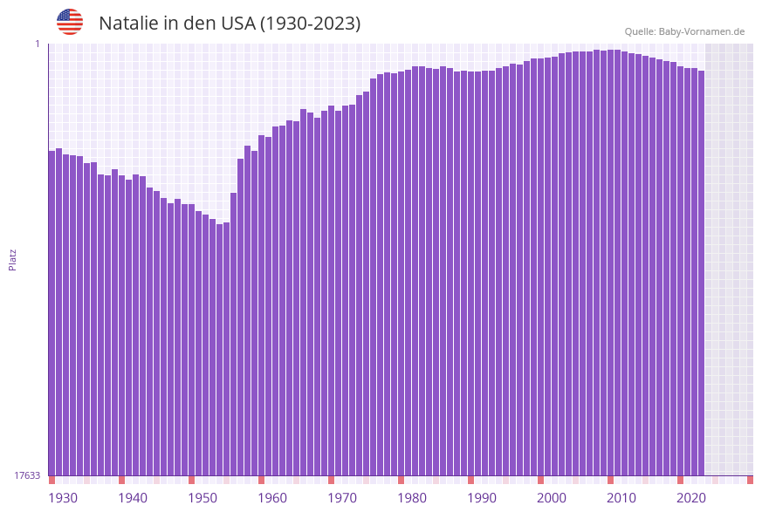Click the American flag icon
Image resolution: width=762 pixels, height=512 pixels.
tap(70, 22)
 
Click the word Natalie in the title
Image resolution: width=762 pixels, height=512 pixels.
tap(128, 24)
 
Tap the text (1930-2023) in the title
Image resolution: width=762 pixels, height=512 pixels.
tap(310, 24)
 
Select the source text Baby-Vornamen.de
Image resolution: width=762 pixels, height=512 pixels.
tap(701, 31)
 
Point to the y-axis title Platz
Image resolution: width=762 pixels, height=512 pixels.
tap(13, 259)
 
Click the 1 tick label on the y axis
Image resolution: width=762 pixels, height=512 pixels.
tap(38, 44)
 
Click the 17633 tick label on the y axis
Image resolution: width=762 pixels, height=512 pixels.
tap(27, 475)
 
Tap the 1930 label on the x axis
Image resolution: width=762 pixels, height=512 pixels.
tap(63, 498)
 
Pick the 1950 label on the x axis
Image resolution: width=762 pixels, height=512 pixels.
tap(203, 498)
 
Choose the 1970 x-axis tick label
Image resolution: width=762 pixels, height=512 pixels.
tap(342, 498)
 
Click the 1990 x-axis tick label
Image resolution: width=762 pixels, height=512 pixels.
tap(482, 498)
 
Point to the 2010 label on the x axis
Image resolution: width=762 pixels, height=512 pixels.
tap(621, 498)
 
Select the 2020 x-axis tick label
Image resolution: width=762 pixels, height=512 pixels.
tap(691, 498)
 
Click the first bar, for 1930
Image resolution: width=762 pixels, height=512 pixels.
tap(52, 314)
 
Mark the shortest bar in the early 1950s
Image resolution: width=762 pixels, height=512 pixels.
tap(220, 349)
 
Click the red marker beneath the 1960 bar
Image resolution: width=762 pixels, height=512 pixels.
tap(261, 480)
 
